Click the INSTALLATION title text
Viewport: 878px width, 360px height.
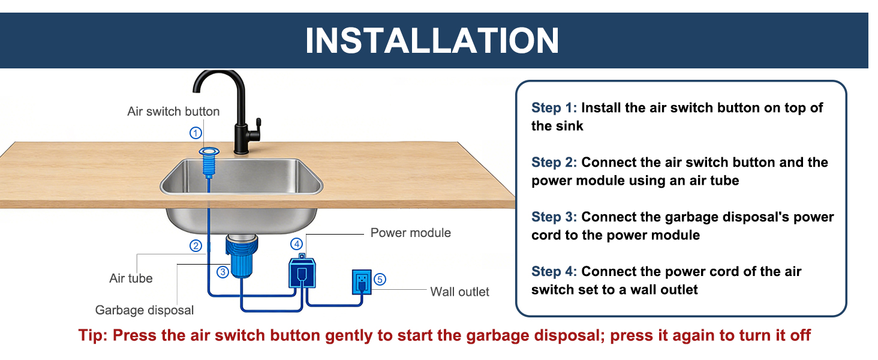coord(432,40)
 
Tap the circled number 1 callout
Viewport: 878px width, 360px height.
coord(196,133)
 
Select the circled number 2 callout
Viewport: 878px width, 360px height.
coord(196,245)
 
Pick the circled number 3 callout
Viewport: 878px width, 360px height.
coord(222,272)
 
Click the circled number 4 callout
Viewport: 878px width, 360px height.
coord(297,244)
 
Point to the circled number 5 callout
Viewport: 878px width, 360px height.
coord(380,278)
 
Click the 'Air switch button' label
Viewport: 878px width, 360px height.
coord(173,112)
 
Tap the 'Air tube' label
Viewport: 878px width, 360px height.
coord(131,278)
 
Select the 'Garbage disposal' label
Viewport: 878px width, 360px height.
coord(145,310)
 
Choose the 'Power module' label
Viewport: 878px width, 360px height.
coord(410,233)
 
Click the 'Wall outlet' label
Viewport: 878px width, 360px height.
coord(459,292)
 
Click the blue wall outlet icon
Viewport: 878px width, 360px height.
coord(361,282)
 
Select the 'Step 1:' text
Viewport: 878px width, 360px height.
coord(554,108)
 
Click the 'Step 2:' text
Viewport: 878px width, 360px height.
coord(554,163)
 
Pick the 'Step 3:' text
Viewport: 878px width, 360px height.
coord(554,217)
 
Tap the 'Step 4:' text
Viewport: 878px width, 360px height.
coord(554,272)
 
